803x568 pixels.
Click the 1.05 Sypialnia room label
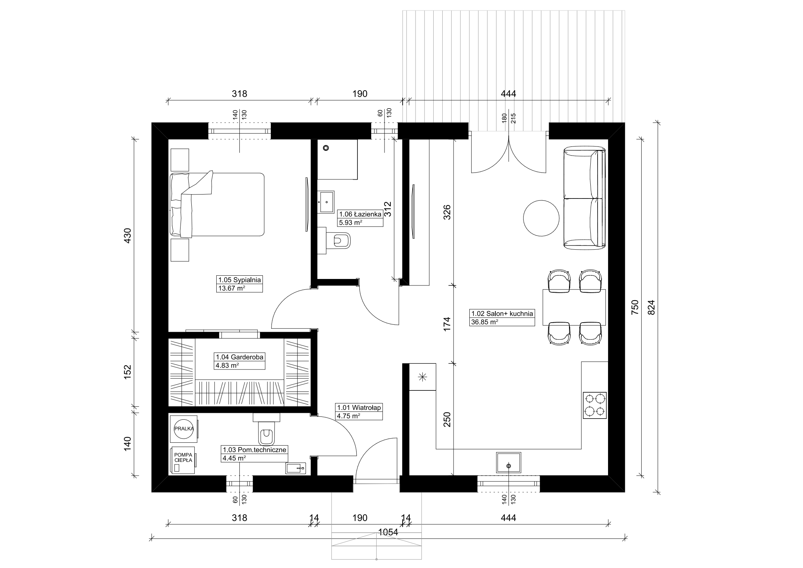[x=239, y=280]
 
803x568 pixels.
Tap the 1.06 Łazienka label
[x=360, y=214]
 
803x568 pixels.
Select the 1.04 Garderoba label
[x=240, y=357]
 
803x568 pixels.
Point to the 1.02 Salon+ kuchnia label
[x=502, y=314]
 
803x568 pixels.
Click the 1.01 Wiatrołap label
[x=359, y=407]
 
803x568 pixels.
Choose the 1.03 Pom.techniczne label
[x=255, y=450]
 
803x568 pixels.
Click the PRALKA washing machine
[x=184, y=429]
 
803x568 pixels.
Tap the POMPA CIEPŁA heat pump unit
[x=183, y=460]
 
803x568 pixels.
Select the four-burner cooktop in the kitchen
[x=594, y=405]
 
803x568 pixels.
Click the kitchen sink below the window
[x=509, y=462]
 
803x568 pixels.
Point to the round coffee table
[x=541, y=218]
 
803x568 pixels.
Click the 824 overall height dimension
[x=651, y=307]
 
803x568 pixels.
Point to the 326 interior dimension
[x=447, y=213]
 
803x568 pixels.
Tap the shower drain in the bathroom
[x=326, y=148]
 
